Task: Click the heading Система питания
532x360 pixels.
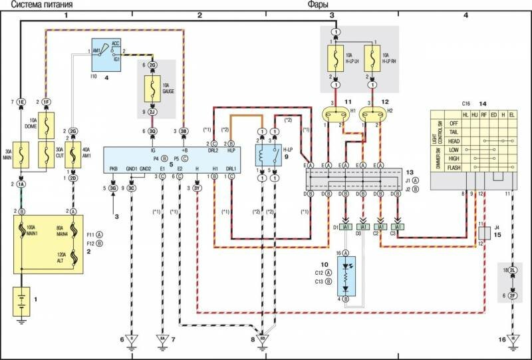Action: (41, 5)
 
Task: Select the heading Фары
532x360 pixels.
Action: (317, 5)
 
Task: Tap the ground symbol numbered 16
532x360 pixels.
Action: (512, 339)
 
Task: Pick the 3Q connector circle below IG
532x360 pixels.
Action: (153, 132)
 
